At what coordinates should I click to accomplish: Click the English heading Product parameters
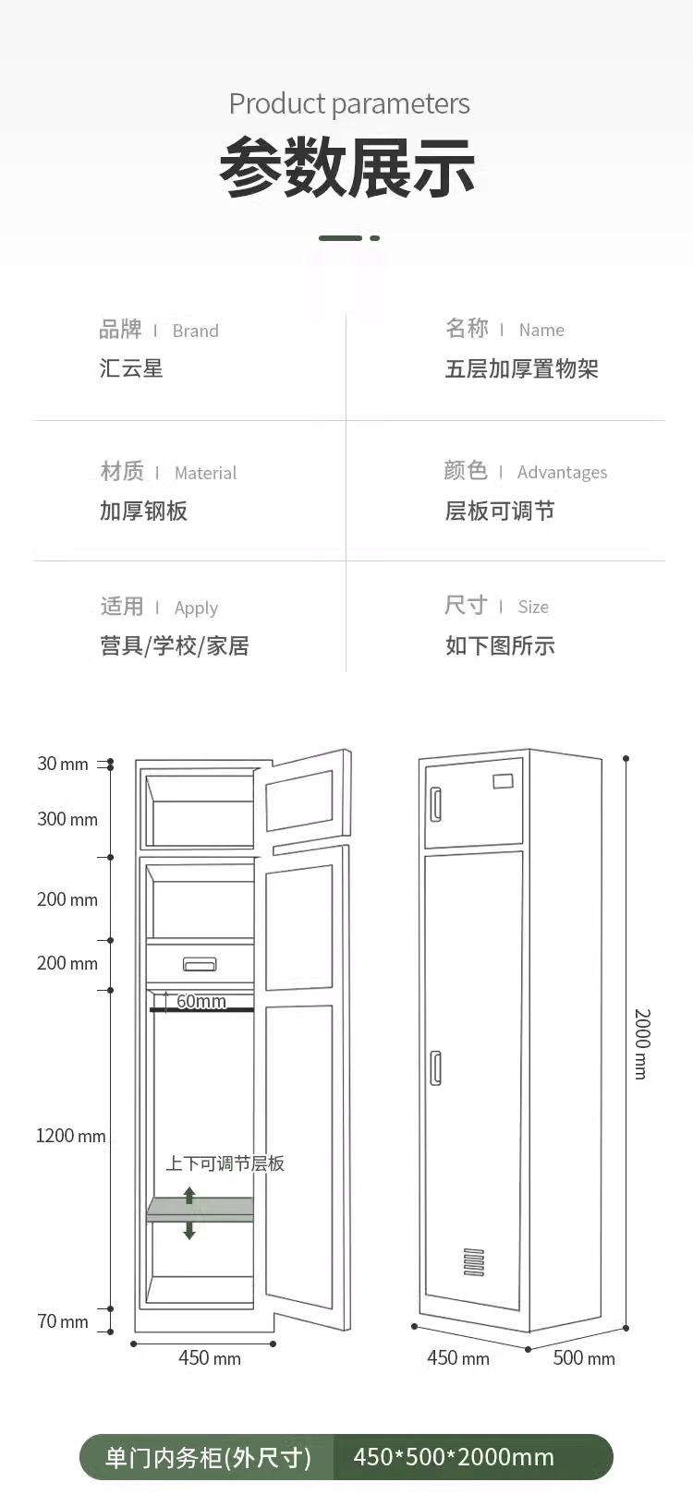click(x=349, y=103)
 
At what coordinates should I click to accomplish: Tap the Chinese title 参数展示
click(x=347, y=168)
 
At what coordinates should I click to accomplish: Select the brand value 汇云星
click(x=131, y=368)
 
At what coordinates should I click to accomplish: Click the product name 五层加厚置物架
click(x=521, y=369)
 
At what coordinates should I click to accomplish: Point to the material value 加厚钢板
click(x=143, y=511)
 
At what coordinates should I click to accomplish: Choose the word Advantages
click(x=562, y=473)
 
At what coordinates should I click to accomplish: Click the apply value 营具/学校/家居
click(x=174, y=645)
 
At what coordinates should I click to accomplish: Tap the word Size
click(x=533, y=607)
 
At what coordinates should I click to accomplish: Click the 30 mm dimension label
click(x=62, y=764)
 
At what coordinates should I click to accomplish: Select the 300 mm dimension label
click(x=67, y=819)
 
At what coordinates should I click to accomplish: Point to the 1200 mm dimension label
click(x=70, y=1136)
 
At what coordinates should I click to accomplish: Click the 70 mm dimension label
click(x=62, y=1321)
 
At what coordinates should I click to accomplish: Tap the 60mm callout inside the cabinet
click(x=201, y=1001)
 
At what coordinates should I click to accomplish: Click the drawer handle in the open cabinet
click(x=200, y=964)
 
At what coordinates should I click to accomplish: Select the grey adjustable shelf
click(x=200, y=1209)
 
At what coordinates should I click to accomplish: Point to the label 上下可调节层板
click(x=225, y=1163)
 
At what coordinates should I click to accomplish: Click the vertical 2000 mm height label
click(x=642, y=1043)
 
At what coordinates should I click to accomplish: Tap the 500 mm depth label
click(x=583, y=1358)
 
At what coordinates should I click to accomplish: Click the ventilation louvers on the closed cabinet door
click(x=474, y=1261)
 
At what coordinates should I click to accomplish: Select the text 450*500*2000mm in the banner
click(x=454, y=1457)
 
